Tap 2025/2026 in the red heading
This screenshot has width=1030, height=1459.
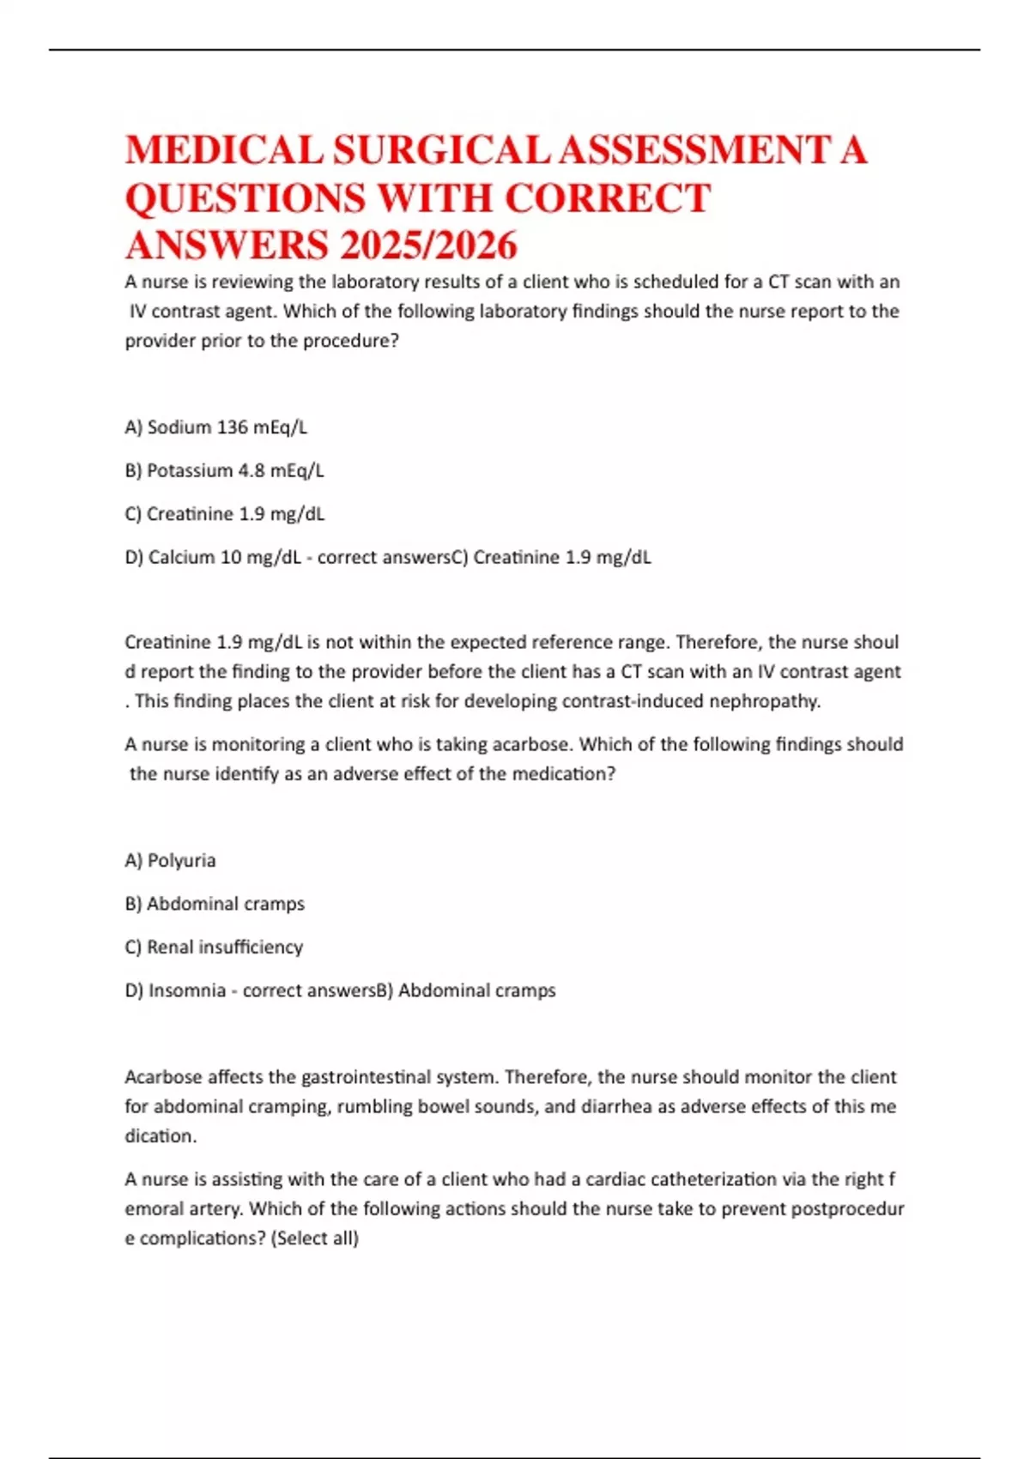pyautogui.click(x=428, y=245)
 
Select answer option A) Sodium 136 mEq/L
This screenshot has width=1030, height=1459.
pyautogui.click(x=215, y=427)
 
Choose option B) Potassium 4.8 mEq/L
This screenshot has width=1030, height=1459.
pyautogui.click(x=224, y=470)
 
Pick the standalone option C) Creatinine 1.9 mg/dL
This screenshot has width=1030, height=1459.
pyautogui.click(x=224, y=514)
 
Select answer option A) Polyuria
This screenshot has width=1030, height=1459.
pyautogui.click(x=170, y=861)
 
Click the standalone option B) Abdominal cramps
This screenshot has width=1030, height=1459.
pyautogui.click(x=215, y=904)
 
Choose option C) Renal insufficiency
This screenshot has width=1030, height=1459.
pyautogui.click(x=214, y=947)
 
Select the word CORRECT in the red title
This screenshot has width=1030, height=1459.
pyautogui.click(x=607, y=198)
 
